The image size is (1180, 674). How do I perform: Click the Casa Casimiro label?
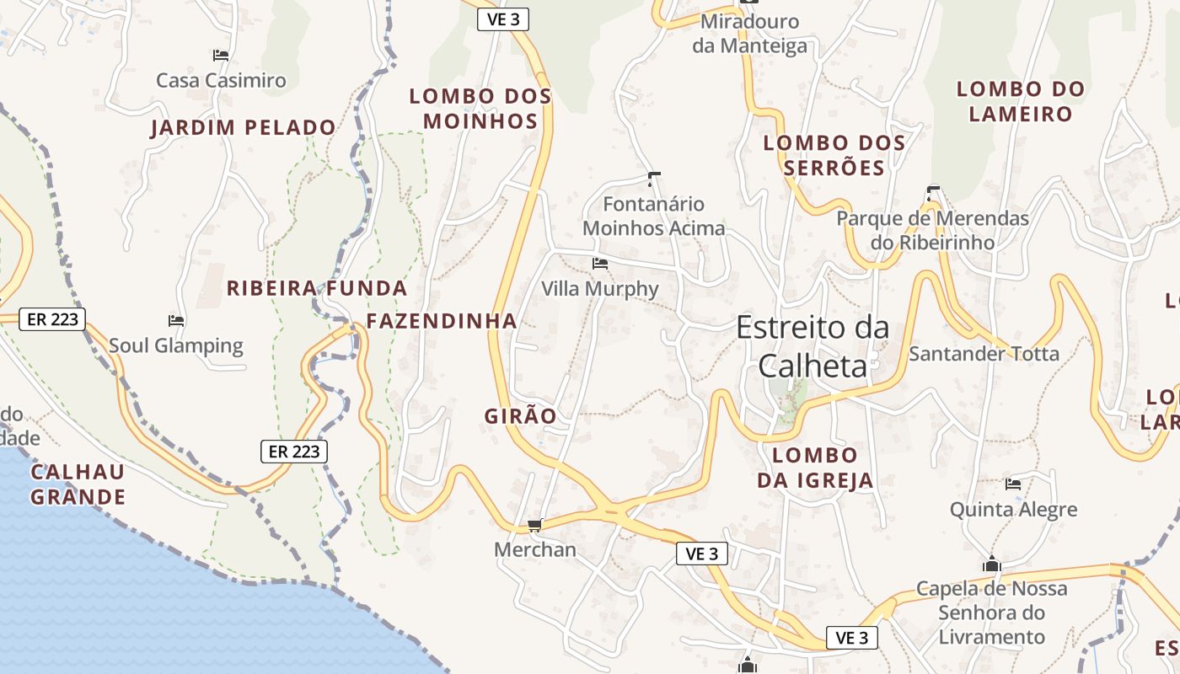pyautogui.click(x=221, y=81)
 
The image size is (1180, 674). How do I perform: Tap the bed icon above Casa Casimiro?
pyautogui.click(x=221, y=56)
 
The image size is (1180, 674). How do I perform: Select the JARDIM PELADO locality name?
pyautogui.click(x=244, y=128)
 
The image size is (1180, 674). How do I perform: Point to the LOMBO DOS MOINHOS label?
pyautogui.click(x=480, y=109)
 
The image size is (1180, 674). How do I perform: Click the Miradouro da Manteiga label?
pyautogui.click(x=749, y=33)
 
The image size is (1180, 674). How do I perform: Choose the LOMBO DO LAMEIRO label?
pyautogui.click(x=1020, y=101)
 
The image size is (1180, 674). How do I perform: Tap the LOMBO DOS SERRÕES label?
pyautogui.click(x=834, y=155)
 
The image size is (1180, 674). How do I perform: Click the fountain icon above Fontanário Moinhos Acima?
pyautogui.click(x=653, y=179)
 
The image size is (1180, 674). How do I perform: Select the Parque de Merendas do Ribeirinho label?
pyautogui.click(x=932, y=230)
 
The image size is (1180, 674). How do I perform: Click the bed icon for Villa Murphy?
pyautogui.click(x=600, y=264)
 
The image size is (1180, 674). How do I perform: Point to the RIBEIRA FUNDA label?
pyautogui.click(x=317, y=289)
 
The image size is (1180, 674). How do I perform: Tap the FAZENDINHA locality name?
pyautogui.click(x=442, y=321)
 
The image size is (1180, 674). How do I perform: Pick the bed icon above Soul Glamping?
pyautogui.click(x=176, y=321)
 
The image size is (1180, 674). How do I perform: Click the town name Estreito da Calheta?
pyautogui.click(x=813, y=345)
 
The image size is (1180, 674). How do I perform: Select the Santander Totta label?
pyautogui.click(x=984, y=354)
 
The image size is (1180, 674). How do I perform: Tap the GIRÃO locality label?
pyautogui.click(x=520, y=416)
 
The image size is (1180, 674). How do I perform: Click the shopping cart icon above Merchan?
pyautogui.click(x=534, y=526)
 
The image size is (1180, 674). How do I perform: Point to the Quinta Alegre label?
pyautogui.click(x=1013, y=510)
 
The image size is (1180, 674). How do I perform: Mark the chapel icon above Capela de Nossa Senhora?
pyautogui.click(x=992, y=564)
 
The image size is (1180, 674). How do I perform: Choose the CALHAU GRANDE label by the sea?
pyautogui.click(x=78, y=484)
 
